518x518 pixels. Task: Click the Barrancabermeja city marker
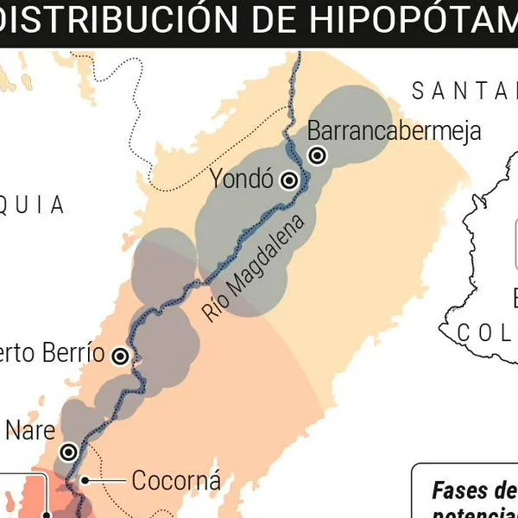click(x=318, y=155)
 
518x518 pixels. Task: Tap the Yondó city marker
click(x=290, y=180)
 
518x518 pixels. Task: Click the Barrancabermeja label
click(x=394, y=131)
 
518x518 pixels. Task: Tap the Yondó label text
click(x=242, y=180)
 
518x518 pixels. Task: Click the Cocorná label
click(x=176, y=480)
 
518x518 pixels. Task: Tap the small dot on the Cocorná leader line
click(x=85, y=480)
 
